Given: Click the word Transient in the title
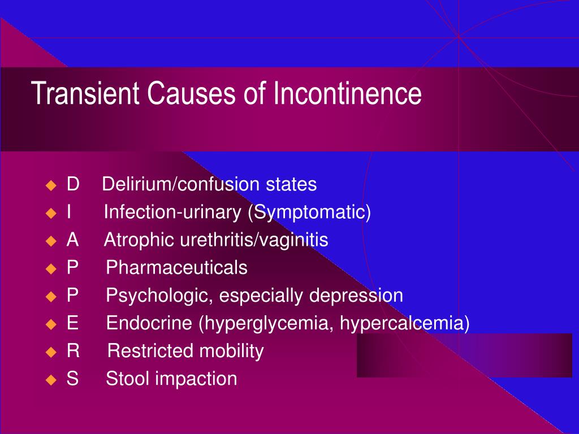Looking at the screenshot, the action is click(x=85, y=93).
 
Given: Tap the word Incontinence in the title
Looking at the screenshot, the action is click(x=348, y=93).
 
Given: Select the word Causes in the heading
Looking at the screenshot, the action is click(x=191, y=93).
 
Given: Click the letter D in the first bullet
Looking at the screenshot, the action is click(x=73, y=184).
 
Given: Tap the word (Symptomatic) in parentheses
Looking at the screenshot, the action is click(x=309, y=212).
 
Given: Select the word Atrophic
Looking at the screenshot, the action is click(x=139, y=240).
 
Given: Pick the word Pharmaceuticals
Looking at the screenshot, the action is click(x=176, y=267).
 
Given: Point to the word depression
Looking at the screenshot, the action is click(x=356, y=295).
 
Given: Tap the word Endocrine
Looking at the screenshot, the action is click(x=149, y=323).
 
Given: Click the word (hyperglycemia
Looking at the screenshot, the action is click(x=266, y=323).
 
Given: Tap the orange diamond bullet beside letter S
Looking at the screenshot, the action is click(x=51, y=380).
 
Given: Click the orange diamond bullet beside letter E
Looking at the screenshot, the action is click(x=51, y=324).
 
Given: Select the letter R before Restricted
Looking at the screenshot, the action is click(x=73, y=350).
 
